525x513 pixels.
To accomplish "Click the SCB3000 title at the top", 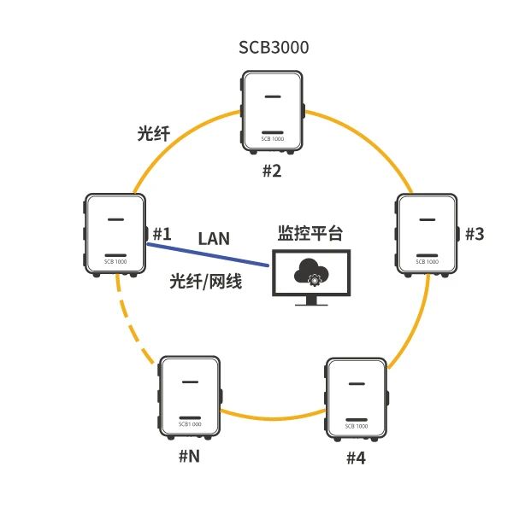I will (274, 48).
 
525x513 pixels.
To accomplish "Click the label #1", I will (162, 233).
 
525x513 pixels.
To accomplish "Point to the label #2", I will (271, 171).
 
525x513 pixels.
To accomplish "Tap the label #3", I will (474, 234).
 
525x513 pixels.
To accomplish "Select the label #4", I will (356, 458).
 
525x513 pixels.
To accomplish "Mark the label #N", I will (189, 456).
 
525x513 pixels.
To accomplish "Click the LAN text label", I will (214, 238).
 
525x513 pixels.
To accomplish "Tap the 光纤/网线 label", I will (206, 281).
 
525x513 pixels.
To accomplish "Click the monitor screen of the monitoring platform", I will (310, 273).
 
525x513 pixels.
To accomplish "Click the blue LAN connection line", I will (209, 255).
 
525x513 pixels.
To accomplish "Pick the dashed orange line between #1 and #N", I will (130, 324).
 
